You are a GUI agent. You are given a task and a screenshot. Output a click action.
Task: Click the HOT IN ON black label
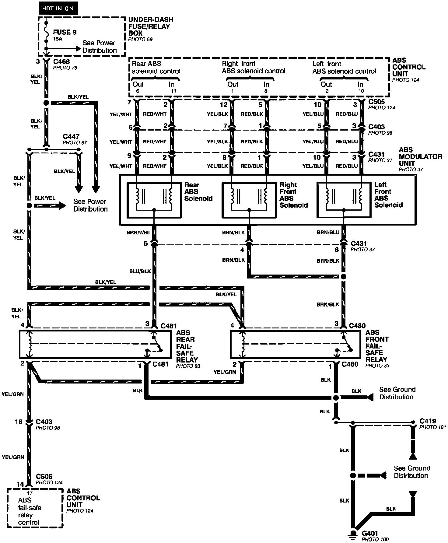(58, 8)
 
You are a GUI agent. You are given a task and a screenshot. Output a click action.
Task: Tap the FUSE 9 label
(65, 32)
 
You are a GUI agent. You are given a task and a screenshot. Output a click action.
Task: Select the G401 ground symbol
(353, 533)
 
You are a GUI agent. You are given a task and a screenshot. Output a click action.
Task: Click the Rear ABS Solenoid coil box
(154, 200)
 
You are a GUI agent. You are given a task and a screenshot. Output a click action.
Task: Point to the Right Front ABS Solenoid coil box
(249, 200)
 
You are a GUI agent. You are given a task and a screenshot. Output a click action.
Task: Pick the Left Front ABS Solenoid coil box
(344, 200)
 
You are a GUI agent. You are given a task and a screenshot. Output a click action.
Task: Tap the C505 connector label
(376, 102)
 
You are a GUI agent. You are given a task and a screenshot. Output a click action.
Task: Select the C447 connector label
(71, 137)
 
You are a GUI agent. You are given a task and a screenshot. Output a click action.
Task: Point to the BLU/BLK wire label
(140, 271)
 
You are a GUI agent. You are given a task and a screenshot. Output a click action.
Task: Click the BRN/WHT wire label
(138, 233)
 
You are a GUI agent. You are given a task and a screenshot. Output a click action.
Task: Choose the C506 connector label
(44, 476)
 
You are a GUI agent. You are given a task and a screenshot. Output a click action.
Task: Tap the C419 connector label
(428, 421)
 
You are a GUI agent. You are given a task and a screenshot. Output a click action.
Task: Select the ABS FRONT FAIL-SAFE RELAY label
(377, 346)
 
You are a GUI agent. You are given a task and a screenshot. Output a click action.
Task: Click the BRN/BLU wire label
(328, 233)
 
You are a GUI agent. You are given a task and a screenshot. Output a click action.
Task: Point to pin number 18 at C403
(19, 422)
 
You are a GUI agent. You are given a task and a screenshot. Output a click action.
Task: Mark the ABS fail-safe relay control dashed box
(35, 507)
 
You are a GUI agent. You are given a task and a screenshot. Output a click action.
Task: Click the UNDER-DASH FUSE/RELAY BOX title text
(151, 26)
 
